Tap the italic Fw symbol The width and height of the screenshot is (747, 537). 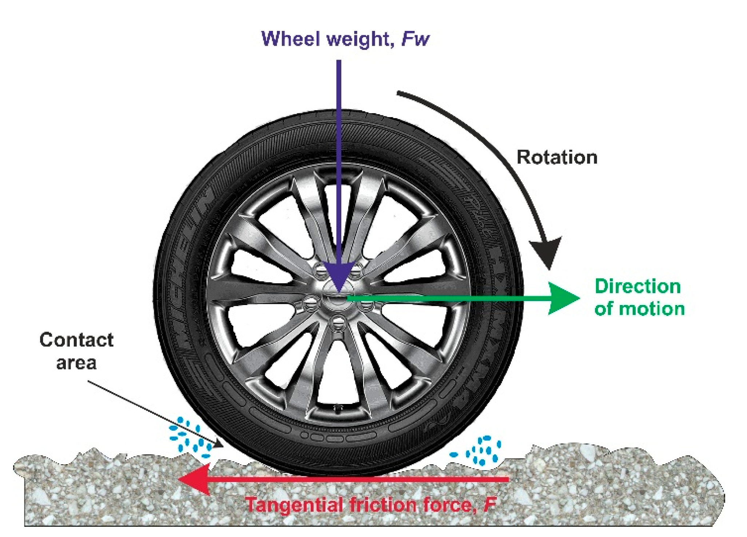pyautogui.click(x=415, y=39)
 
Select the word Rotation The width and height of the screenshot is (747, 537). pyautogui.click(x=557, y=157)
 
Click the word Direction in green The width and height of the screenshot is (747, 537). pyautogui.click(x=637, y=286)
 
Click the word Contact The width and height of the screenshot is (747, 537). pyautogui.click(x=76, y=340)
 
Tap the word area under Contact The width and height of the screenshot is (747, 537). pyautogui.click(x=76, y=362)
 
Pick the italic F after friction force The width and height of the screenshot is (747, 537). pyautogui.click(x=490, y=505)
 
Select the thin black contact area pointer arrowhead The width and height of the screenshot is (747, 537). pyautogui.click(x=219, y=444)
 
